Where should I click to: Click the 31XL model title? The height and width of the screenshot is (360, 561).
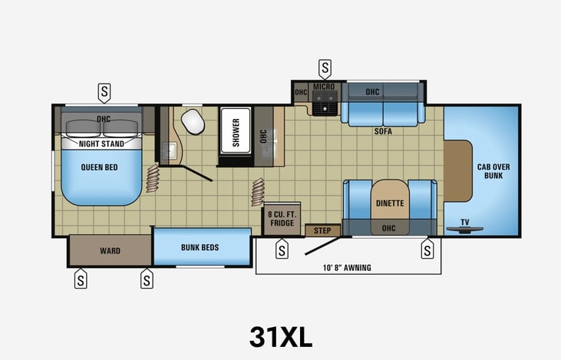pyautogui.click(x=281, y=337)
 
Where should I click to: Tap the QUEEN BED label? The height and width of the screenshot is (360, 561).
pyautogui.click(x=99, y=167)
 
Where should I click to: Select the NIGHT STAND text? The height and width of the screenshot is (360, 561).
pyautogui.click(x=101, y=144)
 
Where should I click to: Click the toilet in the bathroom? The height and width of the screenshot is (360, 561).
pyautogui.click(x=193, y=121)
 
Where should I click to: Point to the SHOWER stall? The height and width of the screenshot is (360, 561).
pyautogui.click(x=236, y=131)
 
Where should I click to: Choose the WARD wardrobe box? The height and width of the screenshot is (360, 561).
pyautogui.click(x=110, y=250)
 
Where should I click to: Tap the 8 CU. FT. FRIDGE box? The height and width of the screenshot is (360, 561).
pyautogui.click(x=282, y=218)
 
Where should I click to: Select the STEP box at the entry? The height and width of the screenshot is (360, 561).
pyautogui.click(x=322, y=230)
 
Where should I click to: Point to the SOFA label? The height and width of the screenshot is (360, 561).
pyautogui.click(x=383, y=131)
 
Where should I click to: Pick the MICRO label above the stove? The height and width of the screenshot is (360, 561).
pyautogui.click(x=324, y=87)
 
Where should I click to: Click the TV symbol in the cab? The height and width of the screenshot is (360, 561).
pyautogui.click(x=465, y=229)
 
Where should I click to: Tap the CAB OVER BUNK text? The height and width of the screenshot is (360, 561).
pyautogui.click(x=493, y=171)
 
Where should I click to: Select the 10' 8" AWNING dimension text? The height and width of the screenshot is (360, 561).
pyautogui.click(x=347, y=268)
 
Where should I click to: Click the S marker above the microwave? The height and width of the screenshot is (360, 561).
pyautogui.click(x=325, y=69)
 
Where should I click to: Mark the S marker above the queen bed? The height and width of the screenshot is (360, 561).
pyautogui.click(x=104, y=93)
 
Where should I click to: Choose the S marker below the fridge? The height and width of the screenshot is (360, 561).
pyautogui.click(x=282, y=249)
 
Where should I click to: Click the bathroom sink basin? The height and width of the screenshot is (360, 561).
pyautogui.click(x=169, y=150)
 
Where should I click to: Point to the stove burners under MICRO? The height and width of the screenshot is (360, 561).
pyautogui.click(x=325, y=103)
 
